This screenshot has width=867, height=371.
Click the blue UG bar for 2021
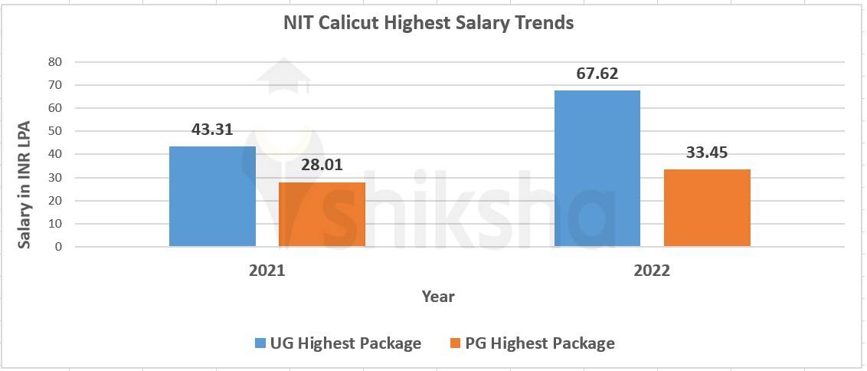pos(212,196)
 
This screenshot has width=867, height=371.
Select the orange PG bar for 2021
pos(322,215)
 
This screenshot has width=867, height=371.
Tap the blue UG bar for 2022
pos(597,169)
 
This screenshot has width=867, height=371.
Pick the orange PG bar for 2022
pos(707,208)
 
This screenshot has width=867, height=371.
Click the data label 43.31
pos(212,130)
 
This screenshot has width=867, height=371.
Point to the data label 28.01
pos(322,166)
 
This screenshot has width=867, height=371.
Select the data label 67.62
pos(597,74)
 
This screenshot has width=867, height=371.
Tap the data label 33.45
pos(707,153)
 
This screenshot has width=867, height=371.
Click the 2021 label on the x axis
pos(267,271)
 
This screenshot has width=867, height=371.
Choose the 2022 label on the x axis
pos(652,271)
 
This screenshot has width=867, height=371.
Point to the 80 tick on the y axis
pos(55,61)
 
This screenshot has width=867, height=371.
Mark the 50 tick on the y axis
pos(55,131)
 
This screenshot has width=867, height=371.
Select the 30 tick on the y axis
pos(55,177)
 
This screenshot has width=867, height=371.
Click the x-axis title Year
pos(438,296)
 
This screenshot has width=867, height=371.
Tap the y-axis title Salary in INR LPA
pos(25,184)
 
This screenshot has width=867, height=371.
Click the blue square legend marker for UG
pos(260,343)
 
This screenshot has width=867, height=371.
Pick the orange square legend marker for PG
pos(455,343)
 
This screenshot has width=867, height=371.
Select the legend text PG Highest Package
pos(540,343)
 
